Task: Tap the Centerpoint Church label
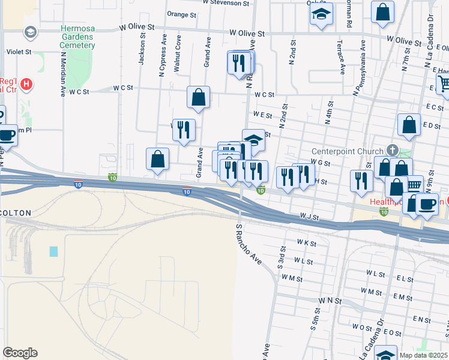click(x=348, y=151)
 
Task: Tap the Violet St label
click(x=19, y=52)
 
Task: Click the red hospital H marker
click(x=26, y=85)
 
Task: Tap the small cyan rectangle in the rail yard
click(x=54, y=251)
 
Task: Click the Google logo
click(x=20, y=353)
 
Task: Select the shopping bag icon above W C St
click(x=198, y=97)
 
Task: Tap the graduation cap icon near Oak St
click(x=321, y=14)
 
